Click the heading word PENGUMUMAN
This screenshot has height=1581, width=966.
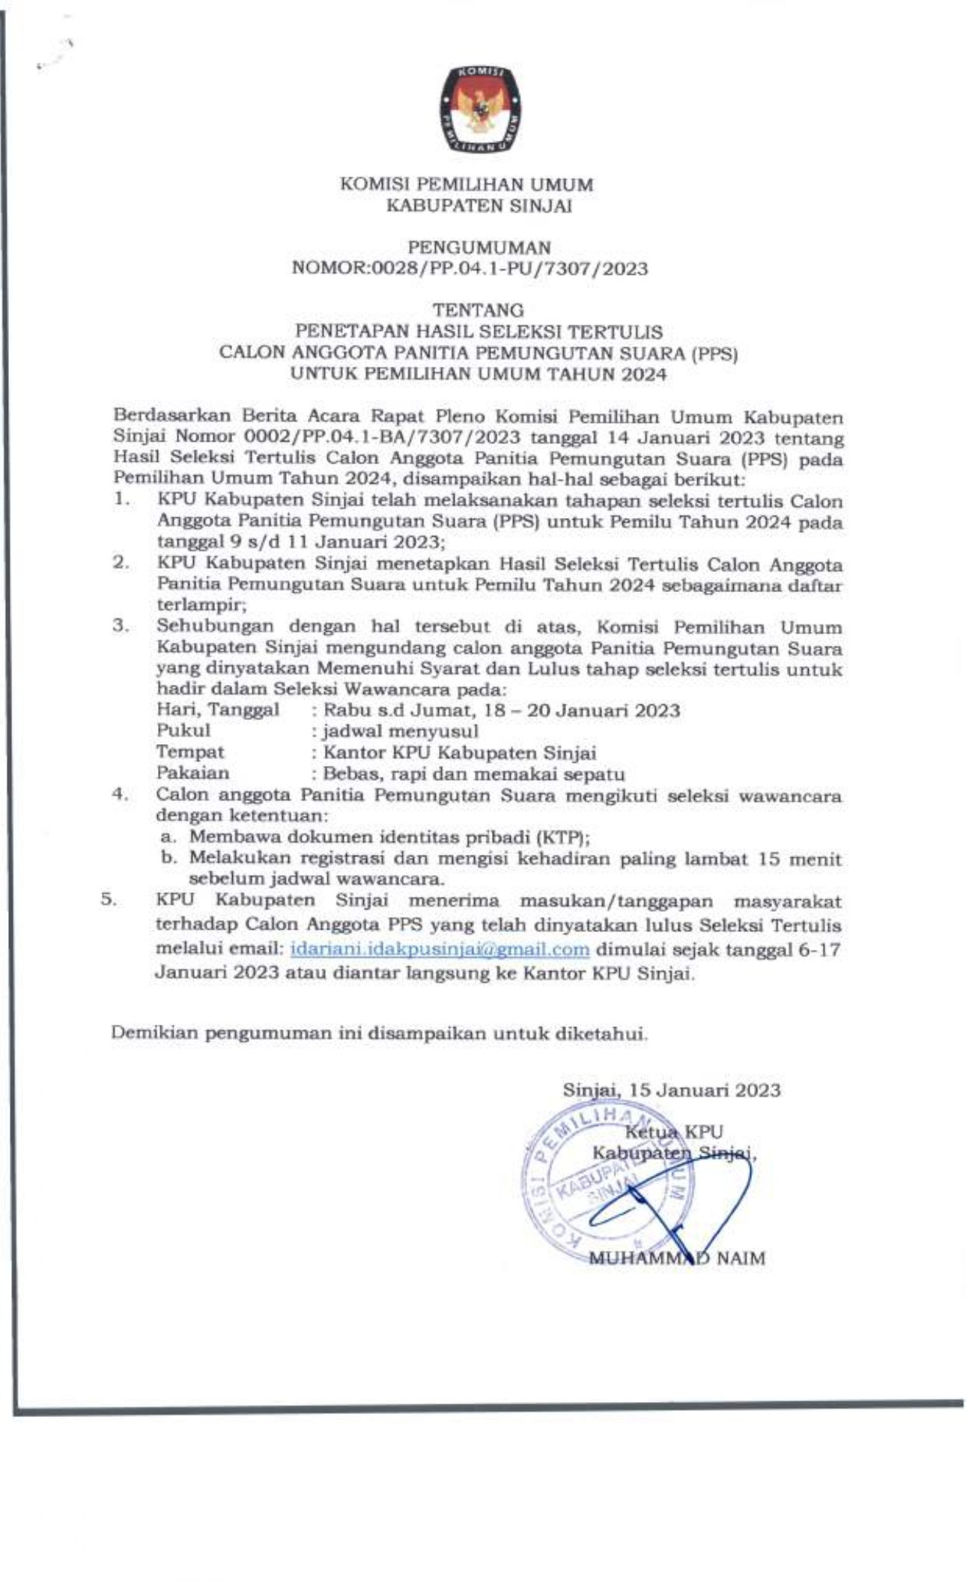pos(479,247)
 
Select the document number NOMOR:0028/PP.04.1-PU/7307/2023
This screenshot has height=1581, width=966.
pos(473,268)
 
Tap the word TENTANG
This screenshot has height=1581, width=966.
pos(479,310)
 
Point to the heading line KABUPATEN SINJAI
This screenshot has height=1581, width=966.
pos(479,206)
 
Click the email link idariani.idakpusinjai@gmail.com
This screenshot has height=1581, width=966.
pos(440,949)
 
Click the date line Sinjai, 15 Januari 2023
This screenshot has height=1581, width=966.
pos(672,1090)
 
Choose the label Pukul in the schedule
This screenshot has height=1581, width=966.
pos(183,731)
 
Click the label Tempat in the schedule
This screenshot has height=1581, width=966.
pos(190,752)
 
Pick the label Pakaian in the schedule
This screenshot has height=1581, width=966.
pos(193,773)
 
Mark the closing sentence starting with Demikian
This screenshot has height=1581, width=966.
pos(379,1034)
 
